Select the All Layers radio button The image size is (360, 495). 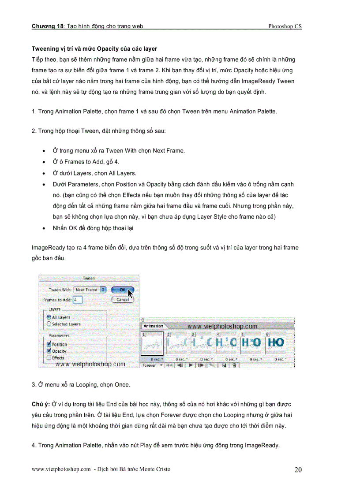pos(49,317)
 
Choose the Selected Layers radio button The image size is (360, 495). pos(49,324)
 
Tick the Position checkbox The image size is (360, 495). pos(49,344)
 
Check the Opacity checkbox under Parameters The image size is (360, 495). pos(49,351)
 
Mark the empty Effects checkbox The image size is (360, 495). pos(49,358)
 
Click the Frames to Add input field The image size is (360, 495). pos(78,300)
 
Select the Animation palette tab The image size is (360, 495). pos(153,326)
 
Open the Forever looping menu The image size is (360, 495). pos(152,365)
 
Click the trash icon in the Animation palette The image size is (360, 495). pos(234,365)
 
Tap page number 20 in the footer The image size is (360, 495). pos(298,470)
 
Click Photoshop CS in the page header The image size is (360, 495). pos(285,26)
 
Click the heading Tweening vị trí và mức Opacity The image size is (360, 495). pos(94,48)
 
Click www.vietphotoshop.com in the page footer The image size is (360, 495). pos(61,469)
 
